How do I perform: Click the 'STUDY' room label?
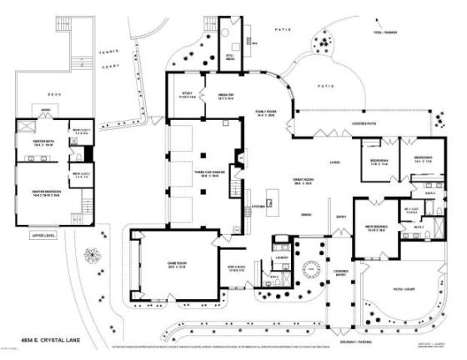pyautogui.click(x=186, y=96)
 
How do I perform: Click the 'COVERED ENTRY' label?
pyautogui.click(x=341, y=272)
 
